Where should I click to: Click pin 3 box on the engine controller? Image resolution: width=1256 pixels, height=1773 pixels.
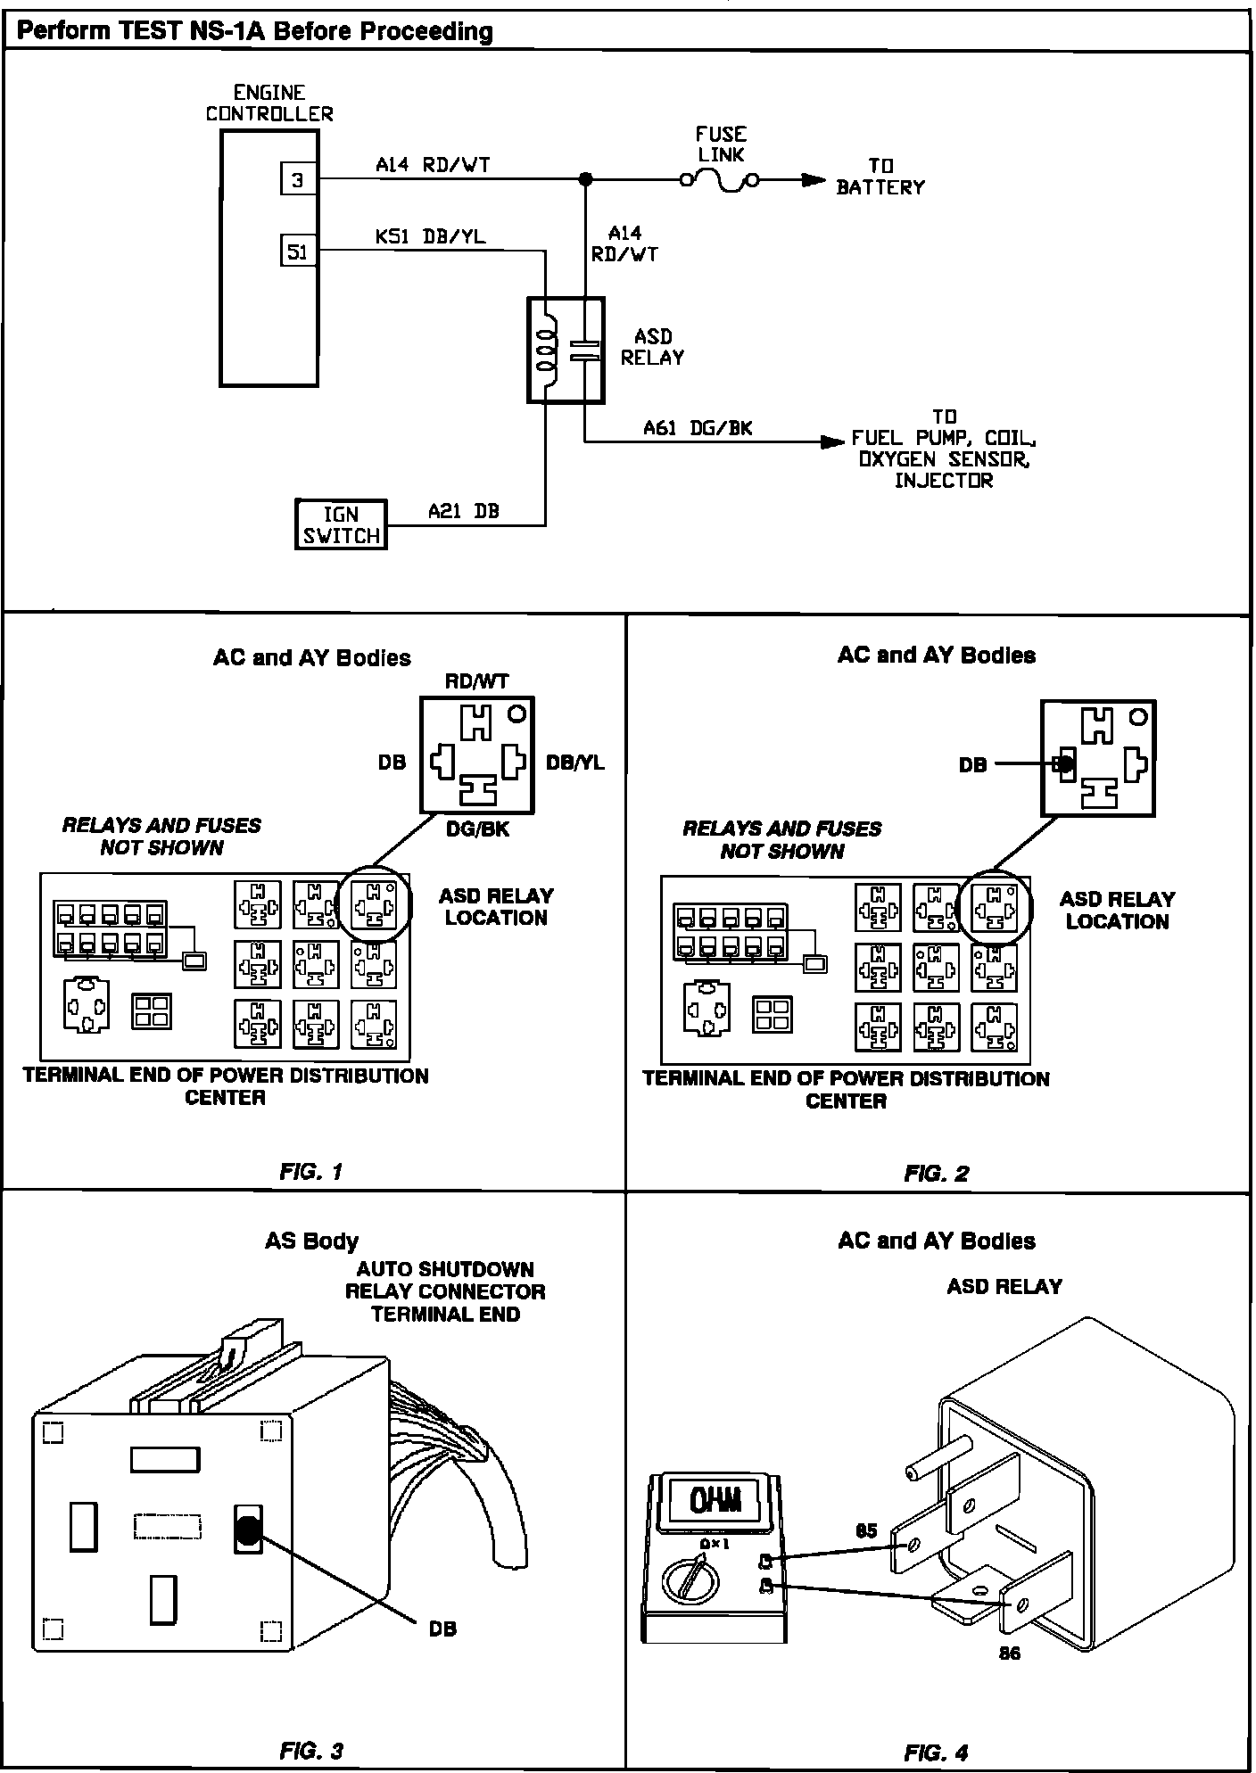(297, 180)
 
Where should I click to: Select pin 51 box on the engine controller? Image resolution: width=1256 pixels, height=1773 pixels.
(297, 252)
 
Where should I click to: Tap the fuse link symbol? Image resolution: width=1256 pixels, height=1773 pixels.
(720, 181)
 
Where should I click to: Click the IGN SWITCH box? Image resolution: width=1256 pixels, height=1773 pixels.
(341, 524)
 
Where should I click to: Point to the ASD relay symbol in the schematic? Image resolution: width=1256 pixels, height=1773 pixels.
(566, 350)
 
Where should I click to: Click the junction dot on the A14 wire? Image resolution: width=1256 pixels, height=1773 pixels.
(585, 179)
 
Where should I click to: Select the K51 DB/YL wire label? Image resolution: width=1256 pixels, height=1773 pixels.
(431, 237)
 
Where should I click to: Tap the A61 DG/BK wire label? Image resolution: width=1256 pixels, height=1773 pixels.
(698, 428)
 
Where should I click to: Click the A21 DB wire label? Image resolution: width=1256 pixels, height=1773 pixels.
(463, 511)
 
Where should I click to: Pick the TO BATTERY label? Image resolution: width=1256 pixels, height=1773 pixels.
(880, 177)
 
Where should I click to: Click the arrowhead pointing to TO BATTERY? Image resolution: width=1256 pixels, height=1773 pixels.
(813, 180)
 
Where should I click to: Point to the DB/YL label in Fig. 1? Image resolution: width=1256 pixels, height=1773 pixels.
(574, 763)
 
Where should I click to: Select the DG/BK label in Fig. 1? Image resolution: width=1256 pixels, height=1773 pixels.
(477, 829)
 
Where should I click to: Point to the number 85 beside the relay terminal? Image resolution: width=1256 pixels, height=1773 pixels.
(866, 1531)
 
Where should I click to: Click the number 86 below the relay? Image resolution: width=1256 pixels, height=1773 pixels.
(1009, 1653)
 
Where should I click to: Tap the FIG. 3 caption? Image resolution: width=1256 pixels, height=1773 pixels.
(311, 1750)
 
